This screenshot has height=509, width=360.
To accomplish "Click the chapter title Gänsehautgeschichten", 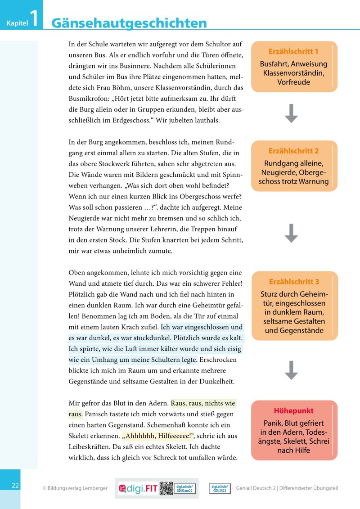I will click(130, 23).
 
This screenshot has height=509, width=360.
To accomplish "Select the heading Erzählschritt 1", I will click(293, 51).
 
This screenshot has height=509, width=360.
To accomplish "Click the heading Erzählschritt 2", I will click(293, 151).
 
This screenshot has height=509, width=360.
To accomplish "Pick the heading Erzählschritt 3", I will click(293, 282).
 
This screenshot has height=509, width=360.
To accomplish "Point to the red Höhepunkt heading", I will click(293, 411).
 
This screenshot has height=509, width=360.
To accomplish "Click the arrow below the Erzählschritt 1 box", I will click(292, 113).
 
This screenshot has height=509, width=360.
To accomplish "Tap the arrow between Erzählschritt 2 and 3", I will click(292, 233).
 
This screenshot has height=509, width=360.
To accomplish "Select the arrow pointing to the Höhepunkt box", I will click(292, 369).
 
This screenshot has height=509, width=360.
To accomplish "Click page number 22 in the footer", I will click(15, 486).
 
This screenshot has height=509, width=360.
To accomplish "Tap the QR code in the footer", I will click(166, 488).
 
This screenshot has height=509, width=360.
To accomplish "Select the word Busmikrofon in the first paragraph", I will click(89, 109).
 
